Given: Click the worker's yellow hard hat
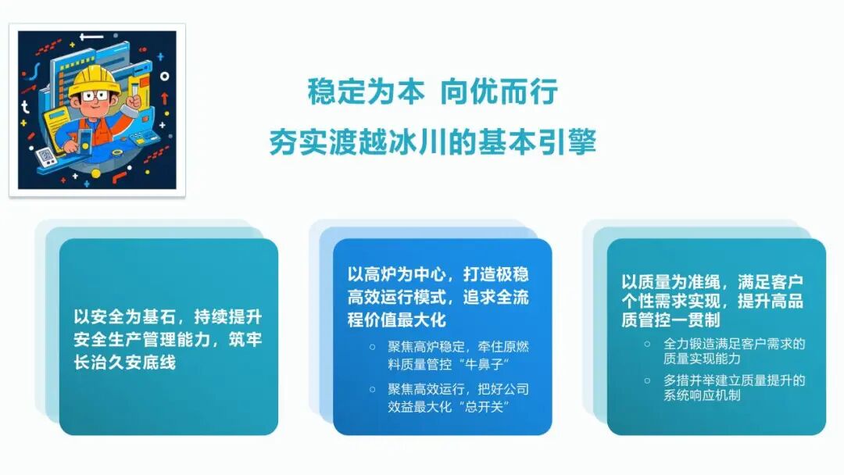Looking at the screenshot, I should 92,79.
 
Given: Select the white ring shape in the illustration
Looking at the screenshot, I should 165,76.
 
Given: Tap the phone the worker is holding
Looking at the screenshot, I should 84,139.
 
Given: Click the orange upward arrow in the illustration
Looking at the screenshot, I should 165,98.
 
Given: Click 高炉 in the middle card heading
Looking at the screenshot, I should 380,275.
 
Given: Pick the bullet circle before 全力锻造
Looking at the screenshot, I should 647,344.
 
